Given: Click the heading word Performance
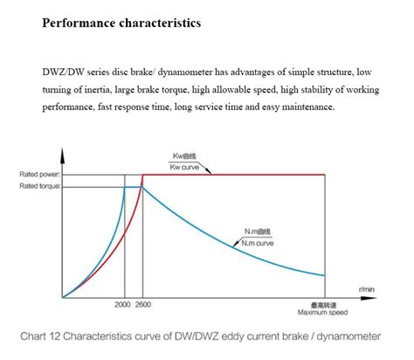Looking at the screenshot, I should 77,23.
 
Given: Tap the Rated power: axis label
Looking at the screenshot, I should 39,175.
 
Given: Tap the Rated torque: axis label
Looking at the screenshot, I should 39,187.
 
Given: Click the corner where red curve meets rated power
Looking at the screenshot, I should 142,175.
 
